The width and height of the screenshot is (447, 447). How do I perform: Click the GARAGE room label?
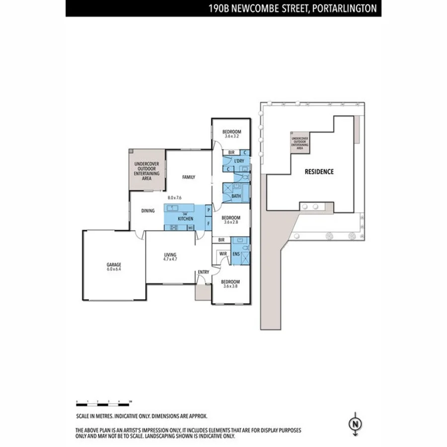coord(114,264)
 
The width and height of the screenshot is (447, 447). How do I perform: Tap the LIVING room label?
coord(170,255)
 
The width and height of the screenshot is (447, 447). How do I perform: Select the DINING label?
coord(148,211)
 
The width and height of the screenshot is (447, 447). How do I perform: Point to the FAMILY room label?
coord(188,177)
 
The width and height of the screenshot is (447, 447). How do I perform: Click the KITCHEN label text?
coord(185,219)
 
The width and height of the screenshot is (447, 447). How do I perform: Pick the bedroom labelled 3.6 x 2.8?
coord(231,218)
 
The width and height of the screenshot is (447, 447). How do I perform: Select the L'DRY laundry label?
coord(239,161)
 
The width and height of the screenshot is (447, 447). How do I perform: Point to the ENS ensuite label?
coord(236,255)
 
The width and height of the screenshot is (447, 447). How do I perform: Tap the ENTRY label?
coord(203,272)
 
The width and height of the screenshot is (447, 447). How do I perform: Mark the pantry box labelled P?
coord(209,211)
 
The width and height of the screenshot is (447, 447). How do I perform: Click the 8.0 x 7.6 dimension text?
coord(175,198)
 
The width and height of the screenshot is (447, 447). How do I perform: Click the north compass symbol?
coord(355,424)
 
